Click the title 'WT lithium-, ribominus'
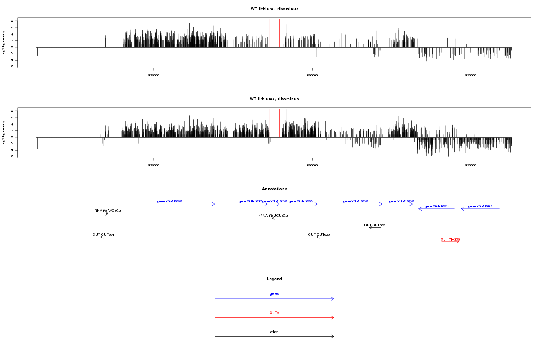pos(274,9)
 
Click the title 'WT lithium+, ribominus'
pos(274,99)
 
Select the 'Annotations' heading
pos(274,189)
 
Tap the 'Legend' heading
pos(274,279)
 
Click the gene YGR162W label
pos(170,201)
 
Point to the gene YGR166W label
pos(355,201)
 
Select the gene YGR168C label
pos(436,206)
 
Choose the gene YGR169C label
pos(480,206)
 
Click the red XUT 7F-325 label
pos(450,239)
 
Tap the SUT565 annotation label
pos(375,225)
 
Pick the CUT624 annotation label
pos(103,234)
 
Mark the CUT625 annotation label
pos(319,234)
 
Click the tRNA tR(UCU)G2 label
pos(274,216)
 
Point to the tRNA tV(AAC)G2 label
pos(107,211)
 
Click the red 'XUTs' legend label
pos(274,312)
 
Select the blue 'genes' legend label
pos(274,293)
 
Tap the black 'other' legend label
pos(274,332)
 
